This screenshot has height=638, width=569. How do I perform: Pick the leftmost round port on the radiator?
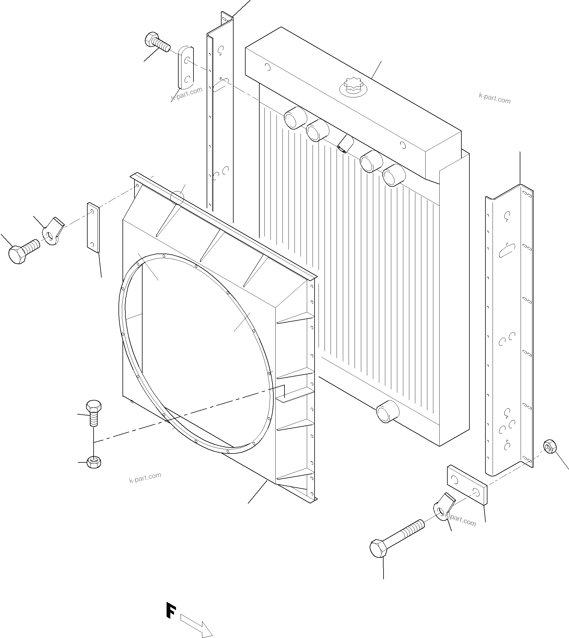pos(295,117)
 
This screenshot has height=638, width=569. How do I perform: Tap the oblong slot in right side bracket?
pos(507,250)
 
